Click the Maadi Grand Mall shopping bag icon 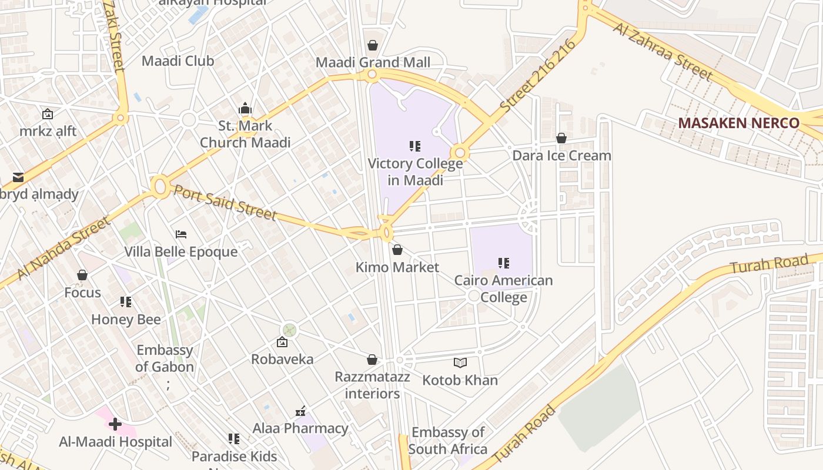pyautogui.click(x=372, y=45)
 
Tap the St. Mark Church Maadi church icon pyautogui.click(x=245, y=108)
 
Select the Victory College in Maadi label pyautogui.click(x=415, y=172)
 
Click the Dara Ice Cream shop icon pyautogui.click(x=561, y=138)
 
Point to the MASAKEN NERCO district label pyautogui.click(x=738, y=123)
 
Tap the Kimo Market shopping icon pyautogui.click(x=397, y=250)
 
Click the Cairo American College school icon pyautogui.click(x=503, y=263)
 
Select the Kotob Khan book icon pyautogui.click(x=460, y=363)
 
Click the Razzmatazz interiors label pyautogui.click(x=372, y=385)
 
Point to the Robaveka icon pyautogui.click(x=282, y=342)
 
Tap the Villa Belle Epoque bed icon pyautogui.click(x=181, y=234)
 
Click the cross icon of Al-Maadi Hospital pyautogui.click(x=115, y=424)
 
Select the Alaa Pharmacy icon pyautogui.click(x=300, y=411)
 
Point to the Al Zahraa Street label pyautogui.click(x=663, y=52)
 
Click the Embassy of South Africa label pyautogui.click(x=448, y=441)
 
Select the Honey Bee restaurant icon pyautogui.click(x=126, y=302)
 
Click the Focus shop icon pyautogui.click(x=82, y=275)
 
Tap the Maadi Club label pyautogui.click(x=178, y=61)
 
